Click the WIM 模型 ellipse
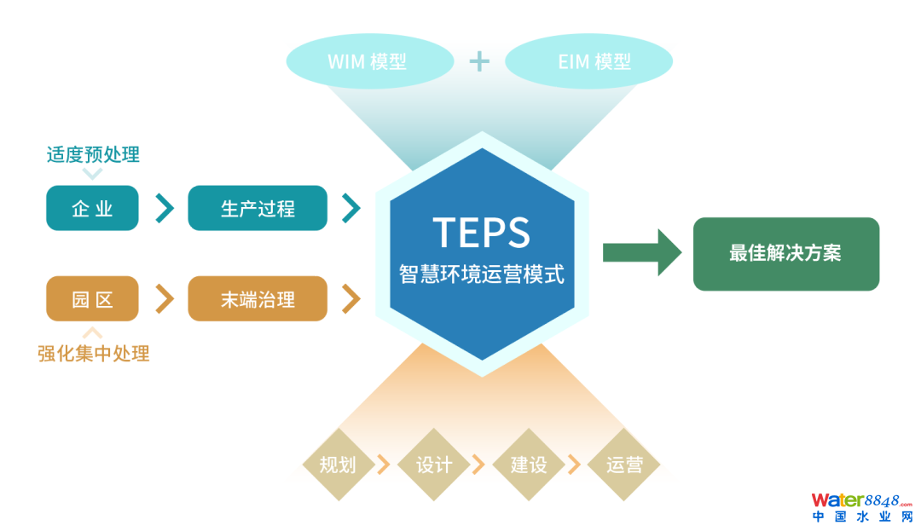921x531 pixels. click(368, 61)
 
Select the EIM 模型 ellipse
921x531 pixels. click(589, 61)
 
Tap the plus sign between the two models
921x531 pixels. click(479, 61)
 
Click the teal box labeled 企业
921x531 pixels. click(92, 208)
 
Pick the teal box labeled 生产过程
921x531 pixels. click(258, 208)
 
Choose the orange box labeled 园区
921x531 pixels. click(92, 298)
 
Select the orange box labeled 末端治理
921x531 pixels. click(258, 298)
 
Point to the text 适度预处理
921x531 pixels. click(93, 154)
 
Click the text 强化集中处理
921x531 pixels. click(94, 353)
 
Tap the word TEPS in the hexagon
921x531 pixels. click(481, 233)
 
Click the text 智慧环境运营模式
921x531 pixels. click(481, 274)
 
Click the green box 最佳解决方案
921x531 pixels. click(785, 254)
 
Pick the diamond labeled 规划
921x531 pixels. click(338, 465)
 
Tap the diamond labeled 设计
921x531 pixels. click(433, 465)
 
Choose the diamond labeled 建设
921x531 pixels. click(529, 465)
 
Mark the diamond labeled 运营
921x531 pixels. click(624, 465)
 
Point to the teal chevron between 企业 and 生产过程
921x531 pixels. click(164, 208)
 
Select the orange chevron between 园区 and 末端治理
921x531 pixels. click(164, 298)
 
